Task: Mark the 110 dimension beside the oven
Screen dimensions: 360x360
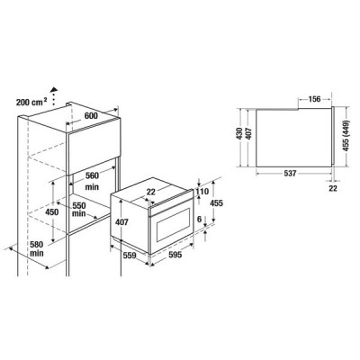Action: point(202,191)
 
